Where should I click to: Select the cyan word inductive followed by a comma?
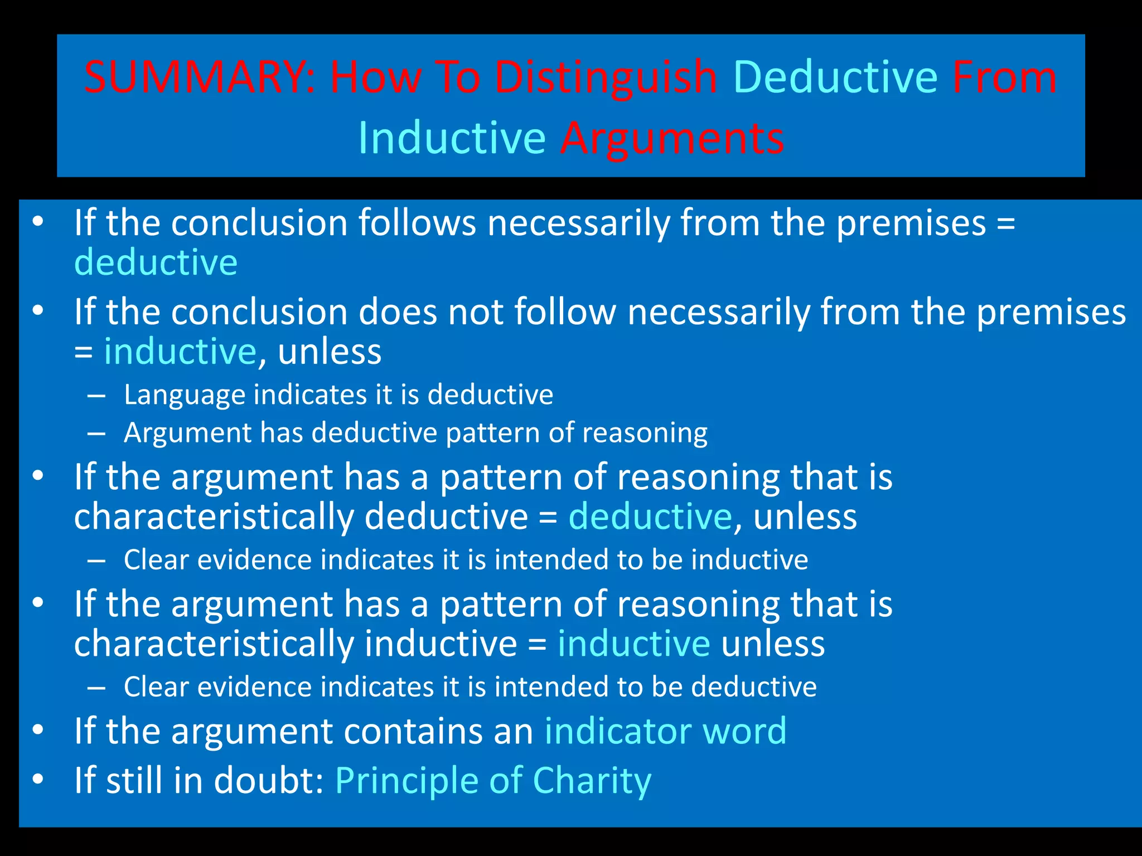(180, 352)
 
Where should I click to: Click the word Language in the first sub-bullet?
(184, 395)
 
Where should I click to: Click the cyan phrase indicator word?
(665, 731)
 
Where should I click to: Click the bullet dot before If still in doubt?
(37, 779)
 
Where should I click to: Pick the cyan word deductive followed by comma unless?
(650, 517)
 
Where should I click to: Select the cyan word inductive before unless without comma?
(633, 644)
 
